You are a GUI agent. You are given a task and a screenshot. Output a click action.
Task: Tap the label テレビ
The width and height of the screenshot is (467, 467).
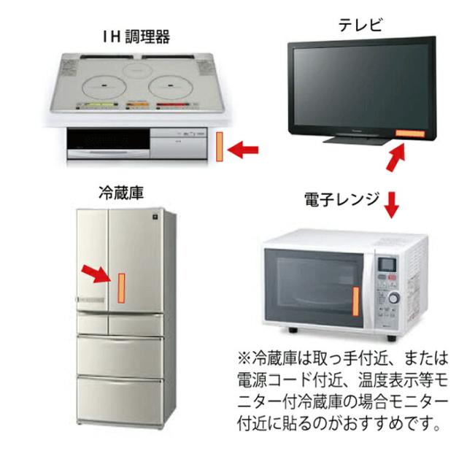[x=360, y=26]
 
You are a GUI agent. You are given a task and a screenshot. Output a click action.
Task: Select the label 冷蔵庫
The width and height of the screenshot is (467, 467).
[x=120, y=193]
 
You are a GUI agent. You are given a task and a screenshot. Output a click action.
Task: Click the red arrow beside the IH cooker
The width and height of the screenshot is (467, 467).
[x=243, y=150]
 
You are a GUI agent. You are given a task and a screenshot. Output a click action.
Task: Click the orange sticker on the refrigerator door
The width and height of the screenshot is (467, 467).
[x=121, y=287]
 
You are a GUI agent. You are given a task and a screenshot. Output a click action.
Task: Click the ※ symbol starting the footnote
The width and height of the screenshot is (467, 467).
[x=244, y=360]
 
